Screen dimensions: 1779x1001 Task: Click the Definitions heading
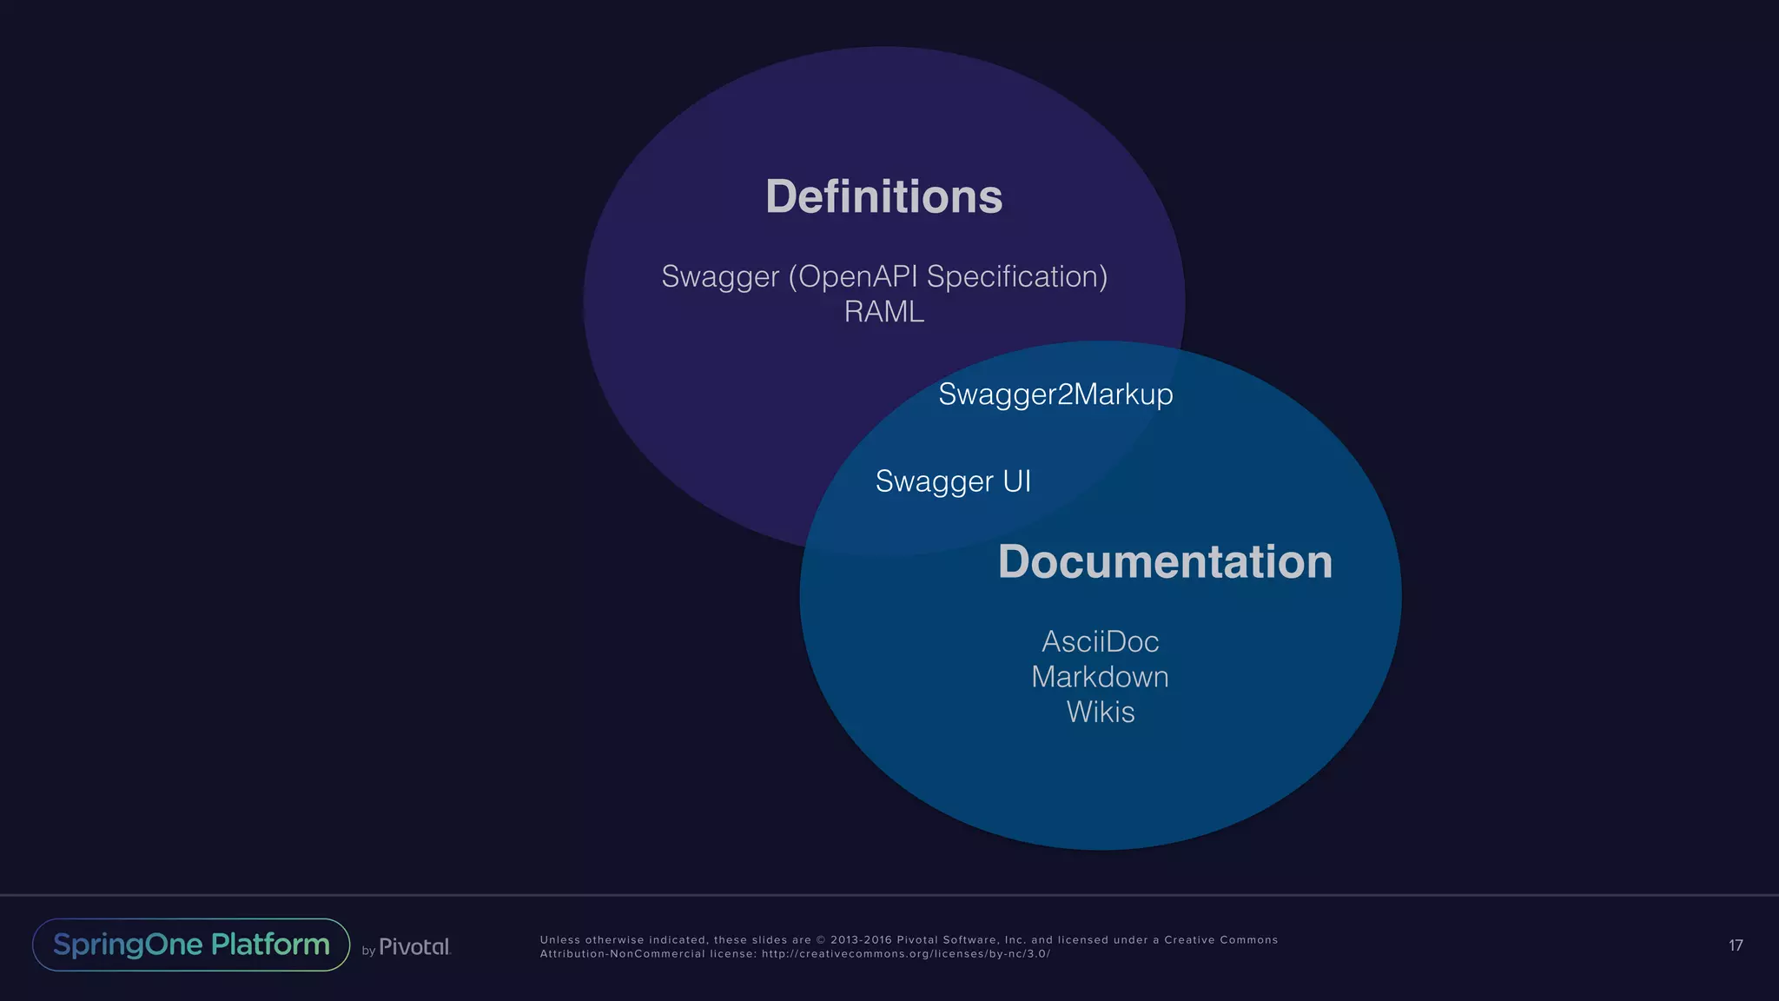[x=883, y=196]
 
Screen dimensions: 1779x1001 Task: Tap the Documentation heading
[x=1165, y=561]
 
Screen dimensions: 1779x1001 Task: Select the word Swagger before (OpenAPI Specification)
[x=720, y=276]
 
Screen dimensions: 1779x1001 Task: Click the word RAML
[x=883, y=311]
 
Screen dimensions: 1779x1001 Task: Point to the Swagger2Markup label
[x=1055, y=394]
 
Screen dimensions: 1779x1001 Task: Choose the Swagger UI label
[x=953, y=481]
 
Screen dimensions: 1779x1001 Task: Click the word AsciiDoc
[x=1100, y=642]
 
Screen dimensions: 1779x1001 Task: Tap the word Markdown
[x=1100, y=677]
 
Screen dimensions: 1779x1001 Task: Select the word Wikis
[x=1100, y=713]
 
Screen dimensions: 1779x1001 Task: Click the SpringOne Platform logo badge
[x=191, y=945]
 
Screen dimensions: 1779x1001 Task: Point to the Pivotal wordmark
[x=414, y=946]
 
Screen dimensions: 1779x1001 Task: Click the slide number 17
[x=1736, y=945]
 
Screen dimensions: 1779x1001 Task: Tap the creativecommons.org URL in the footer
[x=906, y=954]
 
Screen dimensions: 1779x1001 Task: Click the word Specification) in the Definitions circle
[x=1017, y=276]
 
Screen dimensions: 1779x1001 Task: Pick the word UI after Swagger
[x=1017, y=481]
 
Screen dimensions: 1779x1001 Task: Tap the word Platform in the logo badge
[x=270, y=945]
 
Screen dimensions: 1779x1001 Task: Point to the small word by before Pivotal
[x=368, y=951]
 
